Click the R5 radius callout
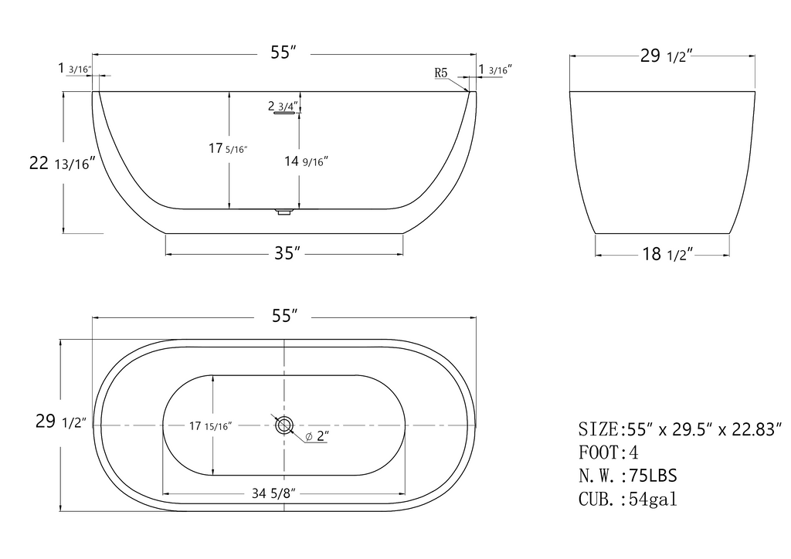[x=441, y=73]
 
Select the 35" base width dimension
[x=287, y=253]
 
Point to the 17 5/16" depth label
[x=228, y=148]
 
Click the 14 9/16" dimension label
[x=306, y=161]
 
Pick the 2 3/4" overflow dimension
[x=283, y=106]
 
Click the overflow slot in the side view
[x=284, y=113]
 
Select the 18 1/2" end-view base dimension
[x=667, y=254]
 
